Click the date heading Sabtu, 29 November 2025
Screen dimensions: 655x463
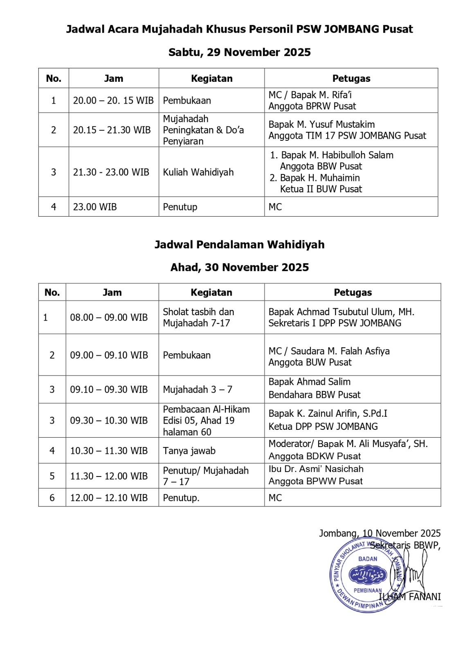pyautogui.click(x=239, y=52)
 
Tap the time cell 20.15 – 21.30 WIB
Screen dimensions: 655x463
pyautogui.click(x=112, y=130)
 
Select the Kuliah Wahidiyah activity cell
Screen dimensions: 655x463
pyautogui.click(x=198, y=172)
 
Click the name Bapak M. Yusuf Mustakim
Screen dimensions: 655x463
pyautogui.click(x=321, y=124)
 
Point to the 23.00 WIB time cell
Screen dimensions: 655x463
pyautogui.click(x=95, y=207)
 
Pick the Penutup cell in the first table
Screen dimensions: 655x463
pyautogui.click(x=180, y=207)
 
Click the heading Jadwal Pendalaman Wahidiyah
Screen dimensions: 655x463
pyautogui.click(x=239, y=245)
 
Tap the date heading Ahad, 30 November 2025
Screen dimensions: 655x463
pyautogui.click(x=239, y=268)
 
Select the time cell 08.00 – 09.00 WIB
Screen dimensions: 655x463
pyautogui.click(x=109, y=318)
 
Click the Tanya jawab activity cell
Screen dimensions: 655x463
pyautogui.click(x=189, y=451)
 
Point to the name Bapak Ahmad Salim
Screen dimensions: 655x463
pyautogui.click(x=309, y=382)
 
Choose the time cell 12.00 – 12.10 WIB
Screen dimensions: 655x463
pyautogui.click(x=109, y=498)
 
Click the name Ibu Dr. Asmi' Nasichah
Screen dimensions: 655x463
pyautogui.click(x=316, y=469)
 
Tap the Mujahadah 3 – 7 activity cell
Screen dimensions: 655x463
pyautogui.click(x=198, y=390)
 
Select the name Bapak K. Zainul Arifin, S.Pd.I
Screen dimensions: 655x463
pyautogui.click(x=328, y=414)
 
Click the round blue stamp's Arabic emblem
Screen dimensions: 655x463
pyautogui.click(x=368, y=575)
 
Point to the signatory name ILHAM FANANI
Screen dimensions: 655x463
pyautogui.click(x=410, y=597)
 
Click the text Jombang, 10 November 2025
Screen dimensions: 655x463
pyautogui.click(x=380, y=533)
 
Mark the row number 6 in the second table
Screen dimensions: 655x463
pyautogui.click(x=52, y=498)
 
